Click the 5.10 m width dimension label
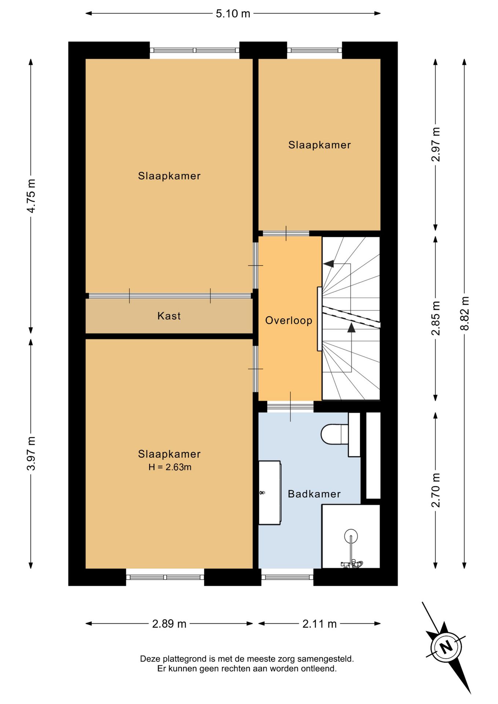(x=233, y=14)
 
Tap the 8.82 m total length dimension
(x=465, y=313)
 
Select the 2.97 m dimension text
(x=436, y=144)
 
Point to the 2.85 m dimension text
(x=436, y=318)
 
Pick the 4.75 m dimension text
(x=31, y=196)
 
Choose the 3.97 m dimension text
(x=31, y=454)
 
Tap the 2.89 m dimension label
(x=169, y=624)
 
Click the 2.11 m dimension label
(x=319, y=624)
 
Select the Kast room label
(x=169, y=316)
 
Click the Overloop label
(x=289, y=320)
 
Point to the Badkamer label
(x=314, y=494)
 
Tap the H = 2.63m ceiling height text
(x=170, y=467)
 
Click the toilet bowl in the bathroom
(x=334, y=434)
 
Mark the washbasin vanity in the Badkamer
(x=270, y=492)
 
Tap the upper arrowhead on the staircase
(x=329, y=263)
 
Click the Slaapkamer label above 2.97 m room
(x=319, y=145)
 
